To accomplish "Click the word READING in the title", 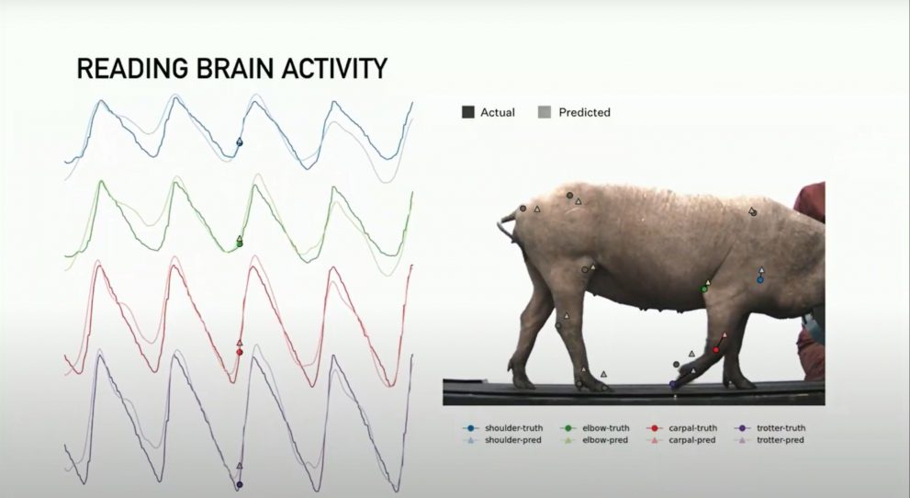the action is (x=133, y=69).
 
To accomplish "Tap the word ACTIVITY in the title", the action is (x=334, y=69).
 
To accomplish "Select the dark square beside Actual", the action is (x=467, y=112).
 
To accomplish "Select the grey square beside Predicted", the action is (x=545, y=112).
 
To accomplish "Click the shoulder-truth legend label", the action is (x=513, y=428).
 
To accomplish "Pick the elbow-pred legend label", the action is (x=605, y=440).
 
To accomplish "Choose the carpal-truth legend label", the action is (x=692, y=428).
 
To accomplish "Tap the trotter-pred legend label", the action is (x=780, y=440).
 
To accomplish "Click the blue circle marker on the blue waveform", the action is (x=239, y=142).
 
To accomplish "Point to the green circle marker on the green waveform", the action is (x=239, y=243).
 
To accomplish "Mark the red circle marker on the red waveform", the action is (x=239, y=352).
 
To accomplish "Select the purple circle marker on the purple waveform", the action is (x=239, y=484).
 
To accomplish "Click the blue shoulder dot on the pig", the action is (x=760, y=279).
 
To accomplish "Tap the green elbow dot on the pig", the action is (x=704, y=289).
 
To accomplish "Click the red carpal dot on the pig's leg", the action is (x=715, y=350).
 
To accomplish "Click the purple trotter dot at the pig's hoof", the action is (x=673, y=384).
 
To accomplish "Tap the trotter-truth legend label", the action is (x=781, y=428).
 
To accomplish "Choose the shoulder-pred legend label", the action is (x=513, y=440).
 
